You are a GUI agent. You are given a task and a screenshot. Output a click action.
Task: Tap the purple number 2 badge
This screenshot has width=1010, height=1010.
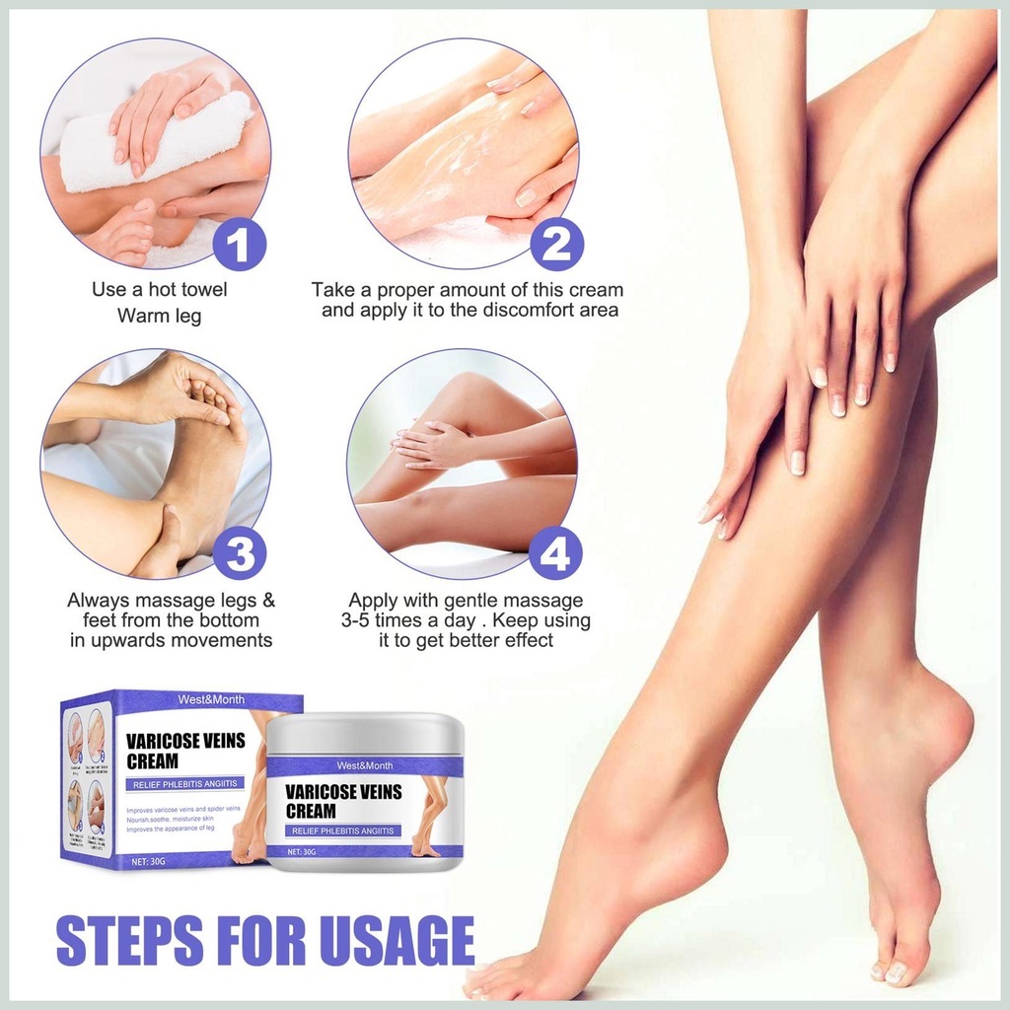point(557,245)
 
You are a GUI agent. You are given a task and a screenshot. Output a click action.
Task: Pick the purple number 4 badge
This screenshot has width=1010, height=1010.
point(555,554)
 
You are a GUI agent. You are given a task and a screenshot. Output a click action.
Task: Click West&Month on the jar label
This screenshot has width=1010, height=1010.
point(364,765)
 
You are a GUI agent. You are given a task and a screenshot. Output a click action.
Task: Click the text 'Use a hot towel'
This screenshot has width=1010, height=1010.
point(160,290)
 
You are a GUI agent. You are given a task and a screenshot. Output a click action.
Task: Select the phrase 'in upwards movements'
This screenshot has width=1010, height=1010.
point(171,640)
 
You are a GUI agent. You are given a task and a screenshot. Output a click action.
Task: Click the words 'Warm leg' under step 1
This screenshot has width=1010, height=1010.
point(160,317)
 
